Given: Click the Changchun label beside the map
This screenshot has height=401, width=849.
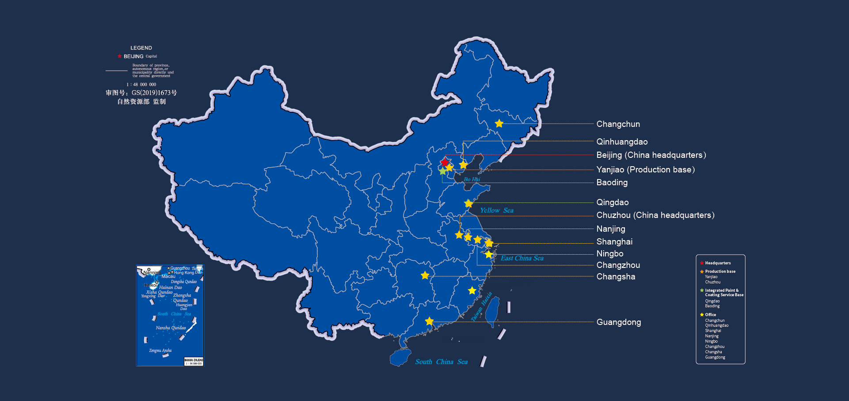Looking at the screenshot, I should point(618,124).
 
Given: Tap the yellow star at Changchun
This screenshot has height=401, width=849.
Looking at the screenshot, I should point(499,124).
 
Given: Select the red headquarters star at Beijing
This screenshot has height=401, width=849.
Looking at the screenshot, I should point(445,162).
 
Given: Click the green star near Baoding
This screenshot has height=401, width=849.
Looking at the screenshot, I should point(442,171).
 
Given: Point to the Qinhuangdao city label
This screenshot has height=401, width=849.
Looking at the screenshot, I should point(622,142).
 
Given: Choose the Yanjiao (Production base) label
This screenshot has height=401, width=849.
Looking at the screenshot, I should point(645,170).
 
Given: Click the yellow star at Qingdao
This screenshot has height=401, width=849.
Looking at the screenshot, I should point(468,204).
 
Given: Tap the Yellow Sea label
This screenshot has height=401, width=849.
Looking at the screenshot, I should point(497,210).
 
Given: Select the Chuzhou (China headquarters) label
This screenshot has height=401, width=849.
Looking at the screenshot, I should point(655,215).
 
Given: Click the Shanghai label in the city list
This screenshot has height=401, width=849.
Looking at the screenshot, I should point(614,242).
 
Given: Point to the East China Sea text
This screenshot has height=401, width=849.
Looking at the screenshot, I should point(522,258).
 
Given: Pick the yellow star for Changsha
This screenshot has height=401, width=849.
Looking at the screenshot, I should point(425,276).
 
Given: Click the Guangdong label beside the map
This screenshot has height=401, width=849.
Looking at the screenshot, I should point(618,322).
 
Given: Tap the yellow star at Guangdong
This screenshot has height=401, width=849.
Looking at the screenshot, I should point(429,321).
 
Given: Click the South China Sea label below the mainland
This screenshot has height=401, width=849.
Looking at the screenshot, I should point(441,362).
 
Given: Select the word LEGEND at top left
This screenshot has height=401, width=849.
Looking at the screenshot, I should point(141,48).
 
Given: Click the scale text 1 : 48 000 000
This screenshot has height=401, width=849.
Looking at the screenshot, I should point(141,84).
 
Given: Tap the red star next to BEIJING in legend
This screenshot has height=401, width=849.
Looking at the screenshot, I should point(119,56).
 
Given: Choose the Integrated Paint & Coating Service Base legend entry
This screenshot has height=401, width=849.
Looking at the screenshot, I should point(724,293).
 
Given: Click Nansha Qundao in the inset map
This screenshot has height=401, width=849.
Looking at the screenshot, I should point(171,328).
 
